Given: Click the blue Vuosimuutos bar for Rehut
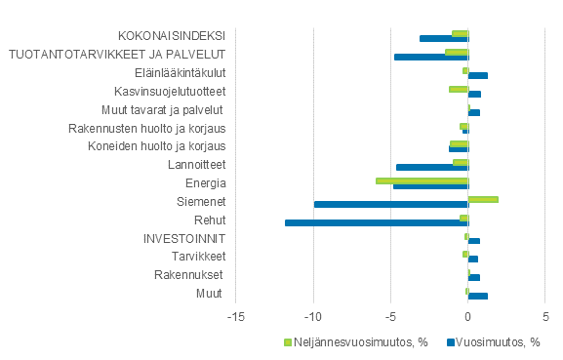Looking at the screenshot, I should click(377, 222).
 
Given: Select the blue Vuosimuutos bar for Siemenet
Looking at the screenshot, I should click(391, 204).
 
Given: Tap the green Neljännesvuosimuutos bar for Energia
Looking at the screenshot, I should click(422, 180).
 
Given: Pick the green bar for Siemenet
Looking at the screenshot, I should click(483, 199).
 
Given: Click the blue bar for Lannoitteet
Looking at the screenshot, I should click(432, 167).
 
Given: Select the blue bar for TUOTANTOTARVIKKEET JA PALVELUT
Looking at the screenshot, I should click(431, 57).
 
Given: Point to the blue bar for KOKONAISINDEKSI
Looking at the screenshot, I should click(444, 38).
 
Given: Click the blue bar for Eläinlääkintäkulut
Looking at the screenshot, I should click(477, 75).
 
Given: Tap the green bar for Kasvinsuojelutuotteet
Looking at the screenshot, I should click(459, 89).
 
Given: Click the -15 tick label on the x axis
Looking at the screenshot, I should click(234, 316).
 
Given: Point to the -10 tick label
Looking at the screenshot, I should click(312, 316).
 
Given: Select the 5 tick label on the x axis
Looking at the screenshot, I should click(545, 316).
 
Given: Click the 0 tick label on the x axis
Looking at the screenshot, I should click(468, 316).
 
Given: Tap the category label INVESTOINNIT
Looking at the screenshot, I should click(184, 238).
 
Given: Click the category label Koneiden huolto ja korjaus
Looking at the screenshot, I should click(157, 146).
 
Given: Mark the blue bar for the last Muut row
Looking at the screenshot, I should click(477, 296).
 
